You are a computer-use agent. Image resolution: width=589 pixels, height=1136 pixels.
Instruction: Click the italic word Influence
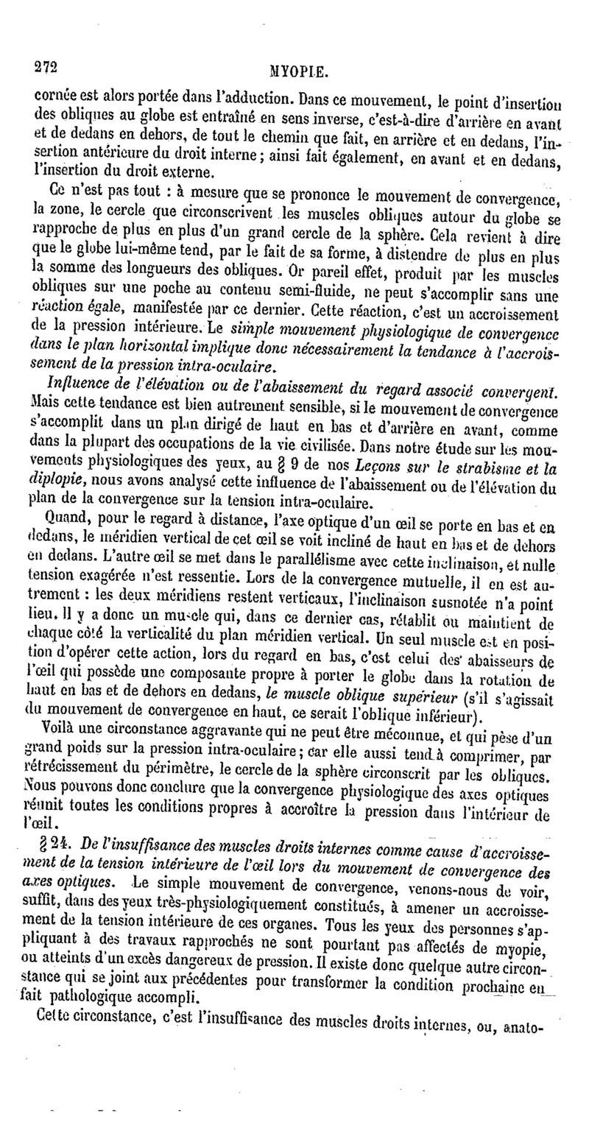click(74, 384)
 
